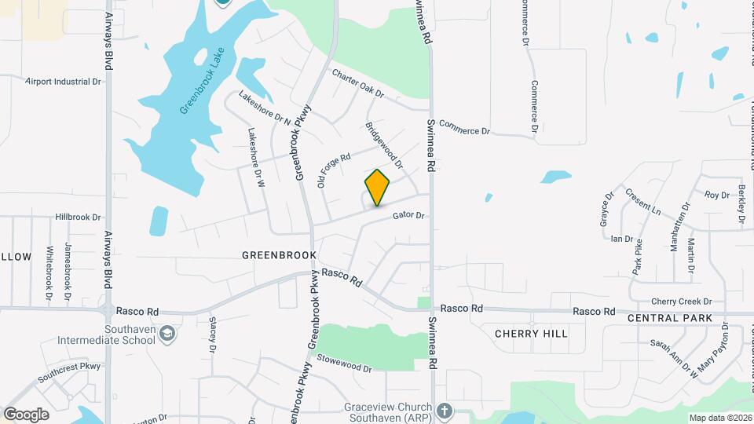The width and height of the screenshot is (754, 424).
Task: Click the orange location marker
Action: tap(378, 188)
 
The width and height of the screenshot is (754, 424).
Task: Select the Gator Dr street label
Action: tap(408, 214)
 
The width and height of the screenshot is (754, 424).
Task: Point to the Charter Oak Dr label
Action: tap(357, 84)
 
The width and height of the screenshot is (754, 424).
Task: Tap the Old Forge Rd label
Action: tap(333, 170)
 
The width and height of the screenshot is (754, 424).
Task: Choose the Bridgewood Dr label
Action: tap(383, 144)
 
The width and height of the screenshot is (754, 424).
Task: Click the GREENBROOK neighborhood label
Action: tap(279, 255)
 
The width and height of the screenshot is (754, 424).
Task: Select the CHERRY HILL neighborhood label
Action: tap(531, 334)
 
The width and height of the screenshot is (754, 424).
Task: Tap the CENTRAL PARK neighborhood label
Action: tap(670, 318)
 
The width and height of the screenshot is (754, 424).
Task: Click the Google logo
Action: tap(26, 414)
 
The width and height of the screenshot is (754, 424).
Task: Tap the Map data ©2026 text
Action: tap(720, 418)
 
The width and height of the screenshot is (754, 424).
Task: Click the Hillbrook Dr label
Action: tap(79, 217)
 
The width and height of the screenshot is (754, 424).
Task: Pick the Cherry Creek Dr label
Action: tap(681, 302)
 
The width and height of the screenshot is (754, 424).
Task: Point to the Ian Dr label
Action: tap(622, 238)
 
